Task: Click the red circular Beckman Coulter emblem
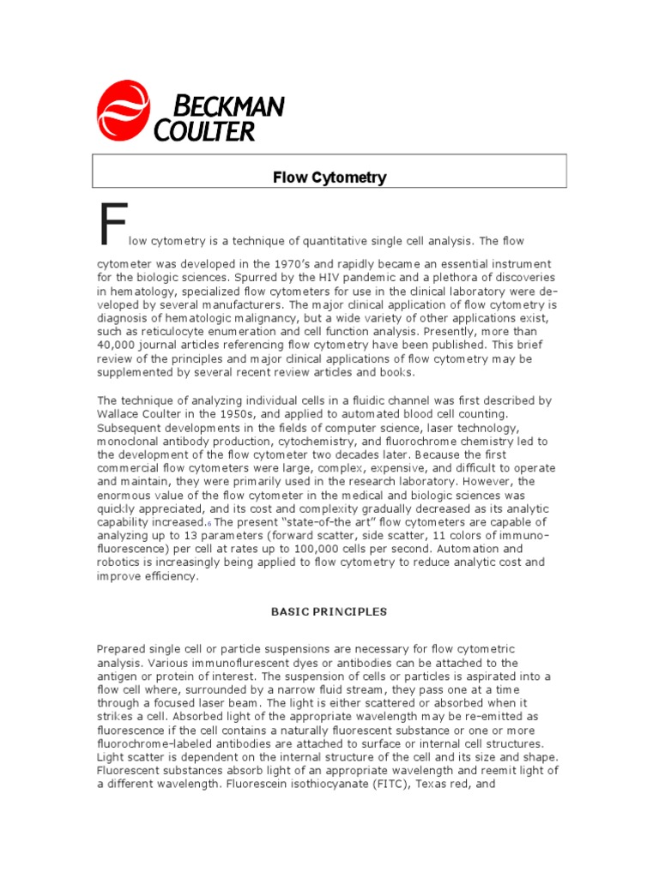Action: tap(123, 111)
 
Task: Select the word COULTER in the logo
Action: tap(204, 131)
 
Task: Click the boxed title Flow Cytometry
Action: tap(329, 178)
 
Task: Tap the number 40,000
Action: tap(119, 346)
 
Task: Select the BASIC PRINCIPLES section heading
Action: tap(329, 612)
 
